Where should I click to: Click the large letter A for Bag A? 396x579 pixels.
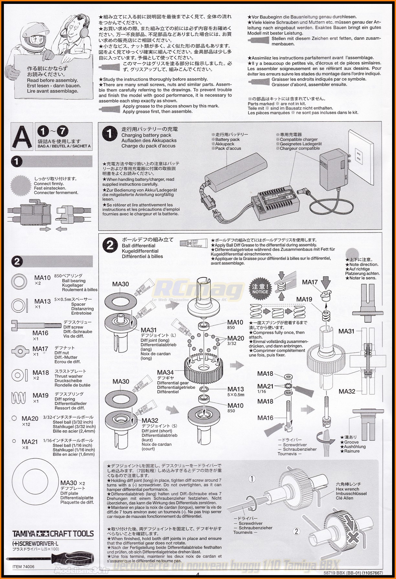tap(22, 136)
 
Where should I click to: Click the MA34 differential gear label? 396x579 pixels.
tap(165, 373)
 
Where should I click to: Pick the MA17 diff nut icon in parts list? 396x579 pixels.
tap(21, 351)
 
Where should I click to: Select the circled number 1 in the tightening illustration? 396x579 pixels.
tap(252, 479)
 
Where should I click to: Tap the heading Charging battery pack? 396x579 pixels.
tap(146, 135)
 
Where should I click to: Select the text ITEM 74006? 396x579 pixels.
tap(23, 567)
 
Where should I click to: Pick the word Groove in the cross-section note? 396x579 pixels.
tap(351, 442)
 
